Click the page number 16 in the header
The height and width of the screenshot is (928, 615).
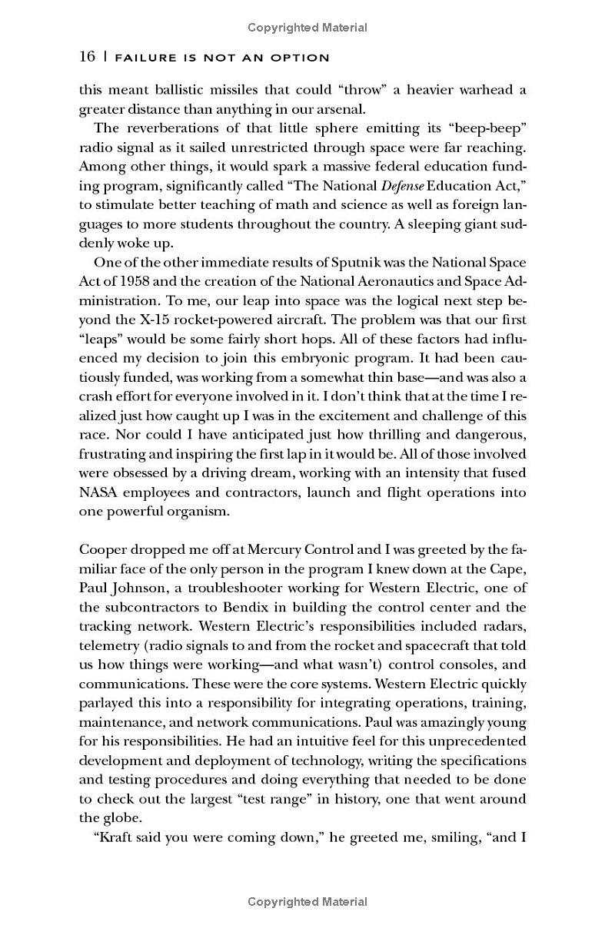[87, 57]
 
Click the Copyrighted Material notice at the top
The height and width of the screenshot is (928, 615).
[307, 28]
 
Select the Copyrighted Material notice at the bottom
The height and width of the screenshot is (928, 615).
[307, 902]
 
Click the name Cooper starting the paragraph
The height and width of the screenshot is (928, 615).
[105, 551]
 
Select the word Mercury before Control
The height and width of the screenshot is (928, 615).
[273, 551]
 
